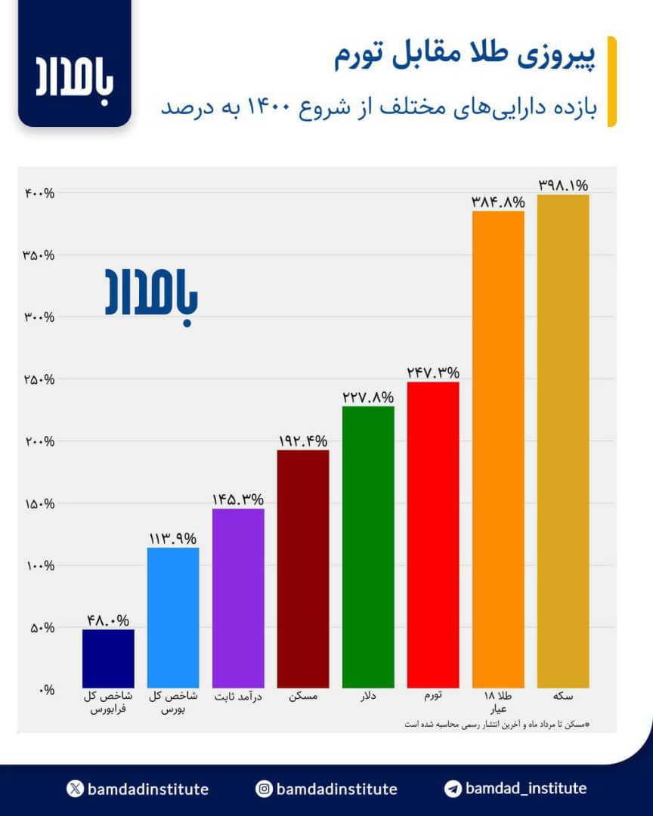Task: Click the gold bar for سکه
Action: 562,441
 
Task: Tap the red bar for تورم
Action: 433,535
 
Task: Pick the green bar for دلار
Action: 368,547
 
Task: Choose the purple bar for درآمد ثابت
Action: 238,598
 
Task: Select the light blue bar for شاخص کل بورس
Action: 173,617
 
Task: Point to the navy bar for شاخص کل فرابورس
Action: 108,658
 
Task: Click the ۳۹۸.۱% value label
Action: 563,185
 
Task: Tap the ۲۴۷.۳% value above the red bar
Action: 433,372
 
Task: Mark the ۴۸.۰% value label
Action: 108,620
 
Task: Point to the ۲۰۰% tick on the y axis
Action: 39,441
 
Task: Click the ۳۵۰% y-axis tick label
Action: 39,255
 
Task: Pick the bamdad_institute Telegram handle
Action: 525,789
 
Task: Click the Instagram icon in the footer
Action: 264,789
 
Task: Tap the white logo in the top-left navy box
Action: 75,76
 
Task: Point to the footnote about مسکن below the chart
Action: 495,724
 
